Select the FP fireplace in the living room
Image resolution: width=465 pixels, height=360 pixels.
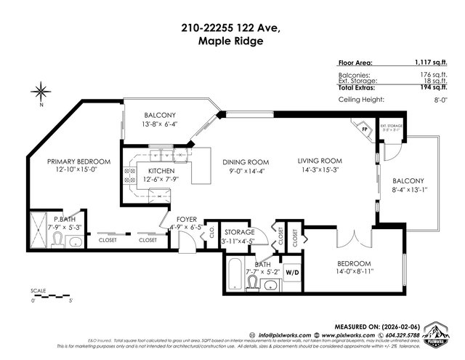click(365, 131)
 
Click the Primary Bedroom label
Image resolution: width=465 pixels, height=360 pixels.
click(78, 161)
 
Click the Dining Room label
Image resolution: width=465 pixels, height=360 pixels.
click(246, 162)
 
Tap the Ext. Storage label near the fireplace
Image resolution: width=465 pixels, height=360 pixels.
click(390, 127)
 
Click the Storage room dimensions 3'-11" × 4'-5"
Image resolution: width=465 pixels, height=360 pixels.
click(237, 241)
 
